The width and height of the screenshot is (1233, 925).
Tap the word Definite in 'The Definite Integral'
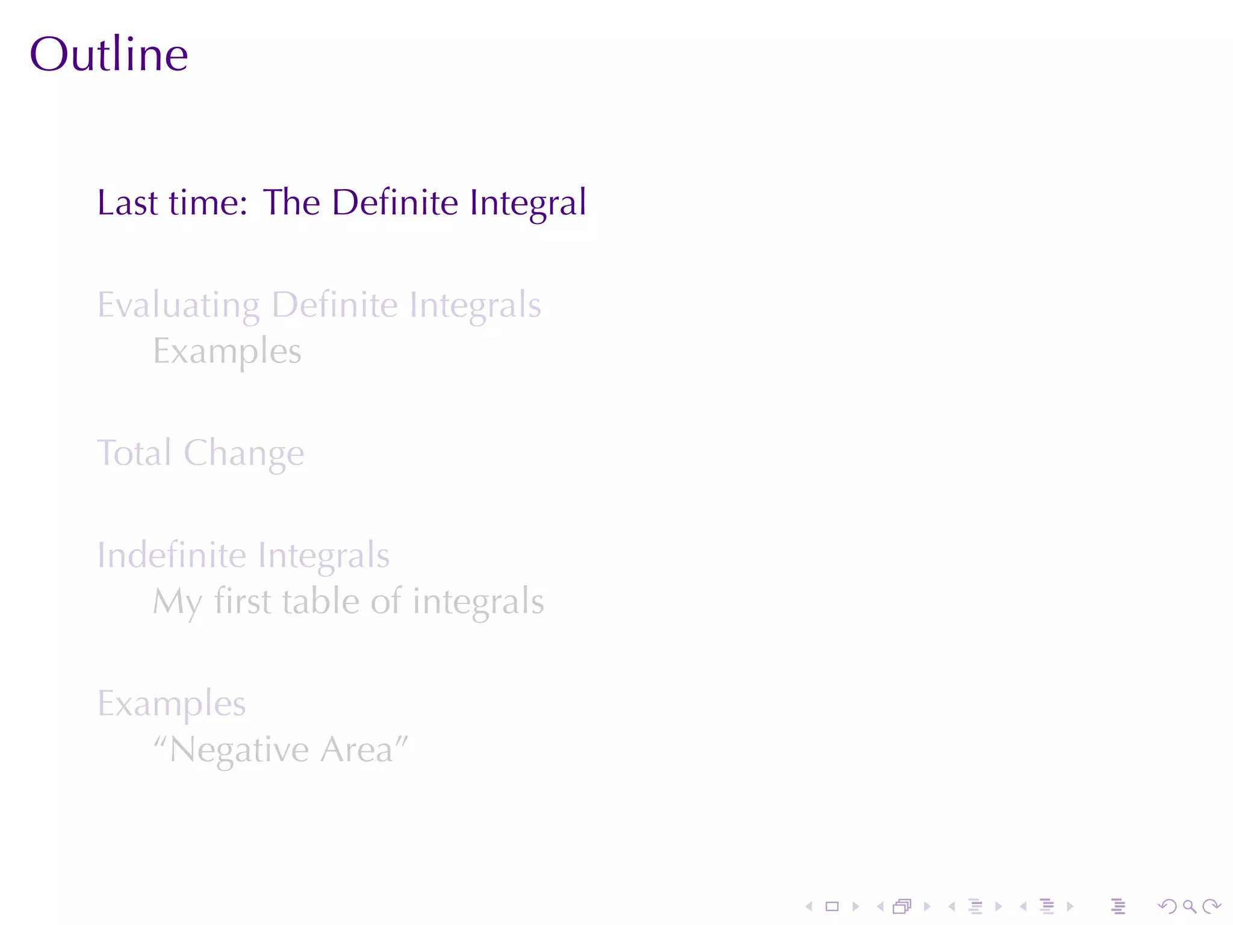coord(394,202)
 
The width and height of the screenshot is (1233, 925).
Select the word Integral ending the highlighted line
coord(527,204)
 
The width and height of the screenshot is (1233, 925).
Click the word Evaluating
coord(178,306)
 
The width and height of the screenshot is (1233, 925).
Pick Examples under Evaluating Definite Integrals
coord(227,352)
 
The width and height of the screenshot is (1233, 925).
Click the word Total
coord(134,453)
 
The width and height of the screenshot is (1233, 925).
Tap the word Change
coord(244,454)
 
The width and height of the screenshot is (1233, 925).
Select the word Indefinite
coord(172,555)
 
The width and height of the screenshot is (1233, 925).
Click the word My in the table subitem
coord(177,602)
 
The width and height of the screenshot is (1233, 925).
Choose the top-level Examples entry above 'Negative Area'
coord(172,704)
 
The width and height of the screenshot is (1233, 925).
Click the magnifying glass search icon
coord(1189,906)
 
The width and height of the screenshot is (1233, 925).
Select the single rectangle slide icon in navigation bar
coord(832,906)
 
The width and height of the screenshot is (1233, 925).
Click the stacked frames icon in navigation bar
coord(902,906)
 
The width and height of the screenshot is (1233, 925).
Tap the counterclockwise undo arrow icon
coord(1167,906)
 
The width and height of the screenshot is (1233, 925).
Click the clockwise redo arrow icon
coord(1211,906)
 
